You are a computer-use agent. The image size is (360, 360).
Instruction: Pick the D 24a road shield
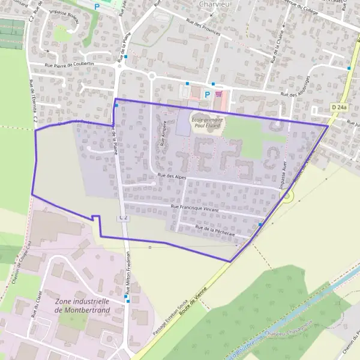[339, 107]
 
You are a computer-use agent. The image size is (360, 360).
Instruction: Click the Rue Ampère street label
[163, 130]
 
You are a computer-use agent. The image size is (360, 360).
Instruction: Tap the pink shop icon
[218, 94]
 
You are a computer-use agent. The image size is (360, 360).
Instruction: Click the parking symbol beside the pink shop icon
[208, 94]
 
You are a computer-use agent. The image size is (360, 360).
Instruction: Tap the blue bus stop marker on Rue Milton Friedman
[126, 296]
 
